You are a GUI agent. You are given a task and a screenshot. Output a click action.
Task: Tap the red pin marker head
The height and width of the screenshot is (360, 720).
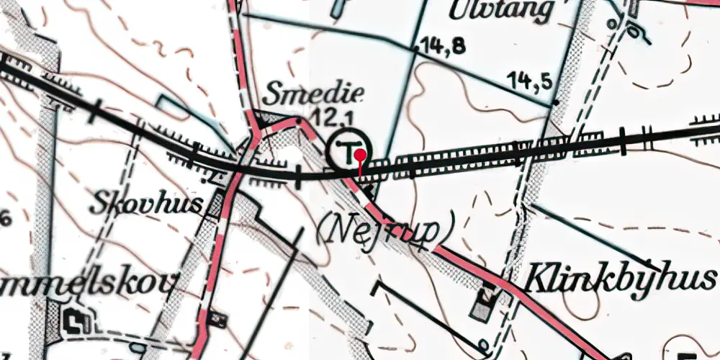(361, 153)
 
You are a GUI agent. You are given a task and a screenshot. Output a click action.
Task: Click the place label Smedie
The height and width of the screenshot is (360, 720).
(314, 94)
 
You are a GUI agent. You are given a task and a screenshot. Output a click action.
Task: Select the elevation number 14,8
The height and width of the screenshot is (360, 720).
(444, 45)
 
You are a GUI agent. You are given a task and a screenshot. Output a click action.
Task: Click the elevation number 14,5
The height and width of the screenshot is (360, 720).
(531, 79)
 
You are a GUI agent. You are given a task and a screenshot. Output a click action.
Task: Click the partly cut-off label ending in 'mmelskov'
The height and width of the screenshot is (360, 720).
(86, 283)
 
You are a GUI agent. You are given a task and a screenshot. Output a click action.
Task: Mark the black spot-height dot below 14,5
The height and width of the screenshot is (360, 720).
(555, 104)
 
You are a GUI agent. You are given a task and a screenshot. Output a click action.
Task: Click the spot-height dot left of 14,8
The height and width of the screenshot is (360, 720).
(415, 49)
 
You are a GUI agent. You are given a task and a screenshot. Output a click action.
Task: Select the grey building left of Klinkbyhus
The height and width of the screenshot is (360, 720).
(482, 302)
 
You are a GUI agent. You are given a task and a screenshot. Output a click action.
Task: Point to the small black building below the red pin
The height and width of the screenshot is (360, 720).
(369, 190)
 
